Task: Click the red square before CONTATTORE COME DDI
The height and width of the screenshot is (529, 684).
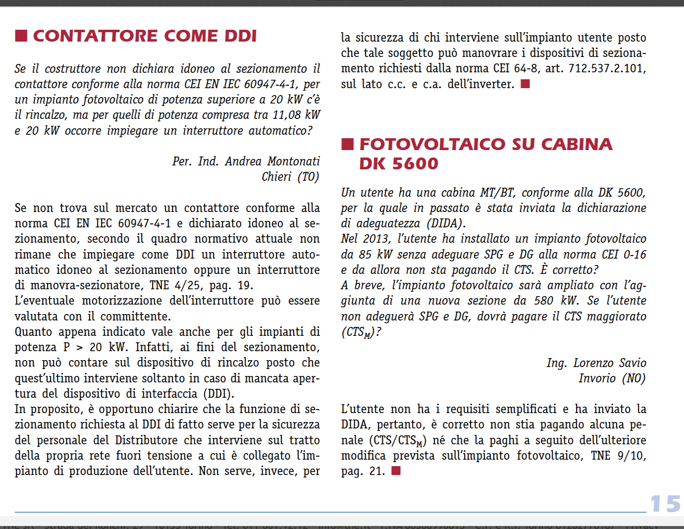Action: tap(21, 36)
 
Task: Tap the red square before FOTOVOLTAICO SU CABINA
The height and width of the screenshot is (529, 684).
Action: tap(347, 144)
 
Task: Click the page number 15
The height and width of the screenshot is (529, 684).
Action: tap(665, 504)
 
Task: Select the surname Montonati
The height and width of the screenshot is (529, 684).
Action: tap(293, 161)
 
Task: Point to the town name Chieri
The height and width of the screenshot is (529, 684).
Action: tap(276, 177)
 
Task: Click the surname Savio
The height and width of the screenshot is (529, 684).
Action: tap(631, 363)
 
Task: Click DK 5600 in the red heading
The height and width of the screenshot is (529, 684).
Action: tap(399, 163)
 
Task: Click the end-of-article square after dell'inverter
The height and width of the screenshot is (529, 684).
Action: tap(526, 84)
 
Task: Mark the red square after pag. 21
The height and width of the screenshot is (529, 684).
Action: tap(396, 471)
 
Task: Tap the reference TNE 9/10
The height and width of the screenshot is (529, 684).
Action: tap(618, 456)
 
